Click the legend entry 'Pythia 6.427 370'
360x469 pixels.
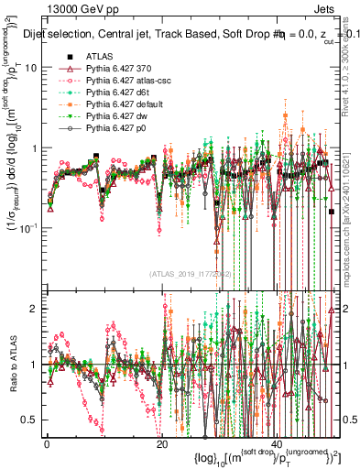(x=119, y=69)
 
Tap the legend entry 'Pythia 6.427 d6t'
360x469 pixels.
(x=119, y=93)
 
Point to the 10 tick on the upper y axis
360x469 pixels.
(x=31, y=68)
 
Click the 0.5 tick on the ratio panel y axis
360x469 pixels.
(x=31, y=420)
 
